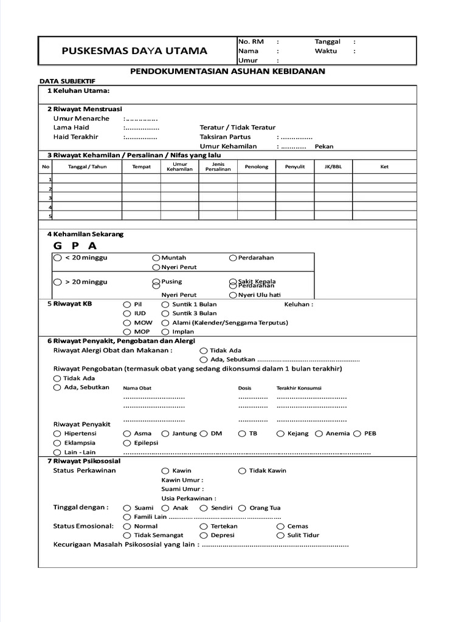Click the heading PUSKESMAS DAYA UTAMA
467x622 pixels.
coord(134,51)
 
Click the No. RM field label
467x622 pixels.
coord(251,41)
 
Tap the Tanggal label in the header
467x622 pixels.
coord(327,41)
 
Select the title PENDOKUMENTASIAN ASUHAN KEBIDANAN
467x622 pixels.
coord(228,71)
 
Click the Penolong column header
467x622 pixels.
coord(256,166)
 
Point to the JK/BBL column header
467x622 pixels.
coord(333,166)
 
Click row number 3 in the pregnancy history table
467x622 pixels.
coord(50,197)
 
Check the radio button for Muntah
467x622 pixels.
coord(156,258)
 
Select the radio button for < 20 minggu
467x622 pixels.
coord(57,258)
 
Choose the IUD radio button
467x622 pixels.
coord(126,313)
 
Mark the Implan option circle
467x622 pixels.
coord(165,332)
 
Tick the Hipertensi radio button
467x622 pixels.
coord(57,434)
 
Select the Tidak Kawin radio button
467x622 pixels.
coord(242,471)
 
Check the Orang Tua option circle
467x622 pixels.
coord(242,508)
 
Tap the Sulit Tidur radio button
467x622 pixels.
coord(280,535)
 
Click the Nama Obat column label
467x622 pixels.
coord(137,388)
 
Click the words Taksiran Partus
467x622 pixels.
coord(225,137)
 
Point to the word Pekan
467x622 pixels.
coord(324,146)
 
